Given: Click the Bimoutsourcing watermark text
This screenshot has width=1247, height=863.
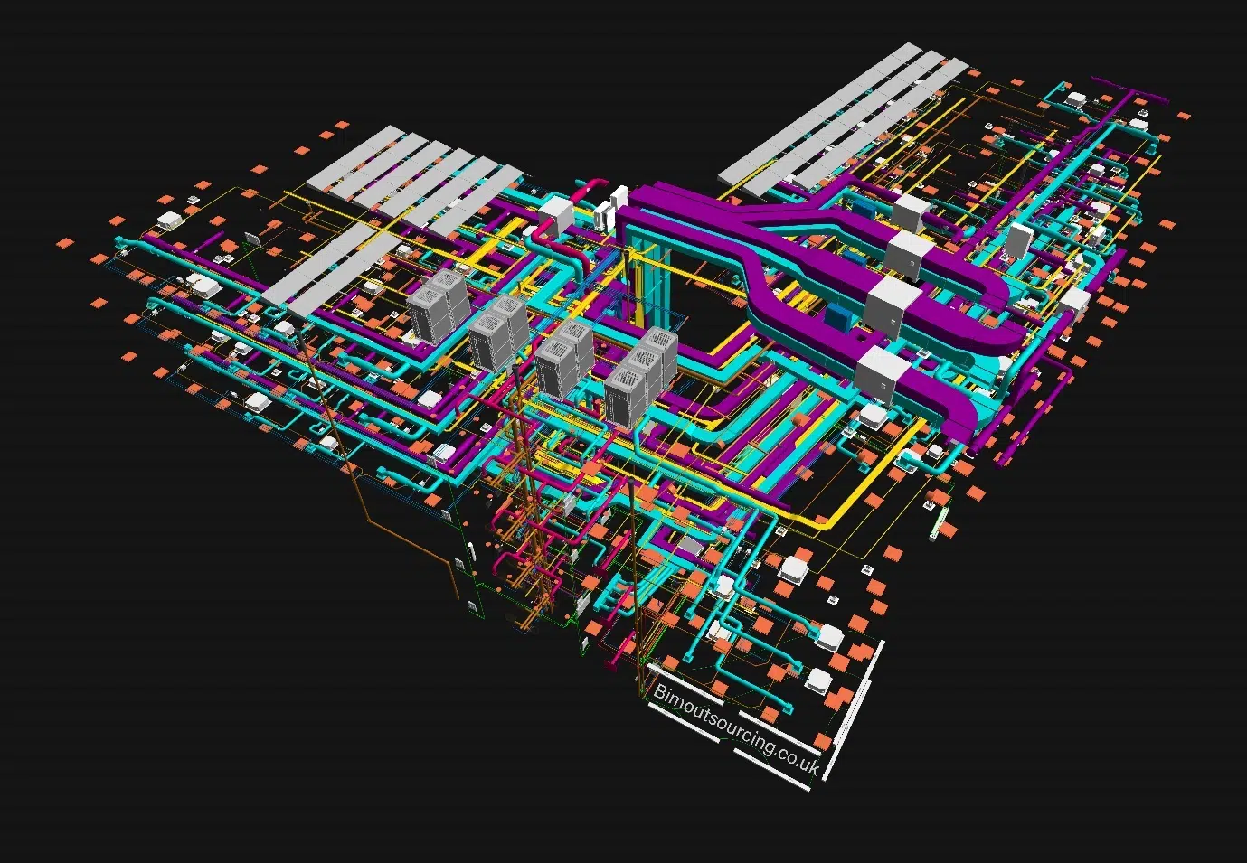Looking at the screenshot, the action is tap(736, 729).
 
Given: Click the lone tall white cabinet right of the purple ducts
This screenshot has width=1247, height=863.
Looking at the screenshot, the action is tap(1021, 241).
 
